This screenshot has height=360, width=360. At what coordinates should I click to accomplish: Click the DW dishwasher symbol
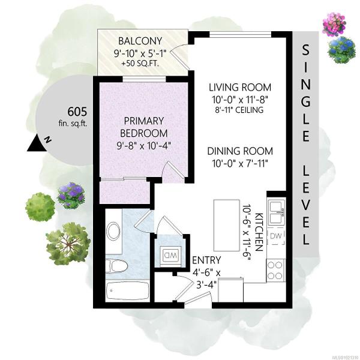pyautogui.click(x=276, y=236)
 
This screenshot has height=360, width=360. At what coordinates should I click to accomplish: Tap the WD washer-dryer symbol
pyautogui.click(x=170, y=254)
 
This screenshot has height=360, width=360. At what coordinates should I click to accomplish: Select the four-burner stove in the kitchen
pyautogui.click(x=275, y=270)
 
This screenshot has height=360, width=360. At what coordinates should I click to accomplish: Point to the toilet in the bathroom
pyautogui.click(x=116, y=266)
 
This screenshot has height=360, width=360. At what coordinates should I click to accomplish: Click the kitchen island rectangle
pyautogui.click(x=227, y=225)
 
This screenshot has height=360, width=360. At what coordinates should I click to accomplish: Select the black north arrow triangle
pyautogui.click(x=36, y=144)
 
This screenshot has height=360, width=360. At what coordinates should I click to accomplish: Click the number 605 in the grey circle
pyautogui.click(x=77, y=112)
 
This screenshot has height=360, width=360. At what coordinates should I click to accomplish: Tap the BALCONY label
pyautogui.click(x=140, y=41)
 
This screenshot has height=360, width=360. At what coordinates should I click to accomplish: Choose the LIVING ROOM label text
pyautogui.click(x=240, y=88)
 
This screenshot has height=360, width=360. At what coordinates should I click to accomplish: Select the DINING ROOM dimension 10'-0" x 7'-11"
pyautogui.click(x=240, y=164)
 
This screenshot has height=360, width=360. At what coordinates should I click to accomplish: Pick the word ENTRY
pyautogui.click(x=206, y=260)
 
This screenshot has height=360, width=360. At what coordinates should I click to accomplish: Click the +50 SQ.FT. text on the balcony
pyautogui.click(x=140, y=64)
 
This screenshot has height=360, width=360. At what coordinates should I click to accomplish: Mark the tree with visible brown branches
pyautogui.click(x=68, y=244)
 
